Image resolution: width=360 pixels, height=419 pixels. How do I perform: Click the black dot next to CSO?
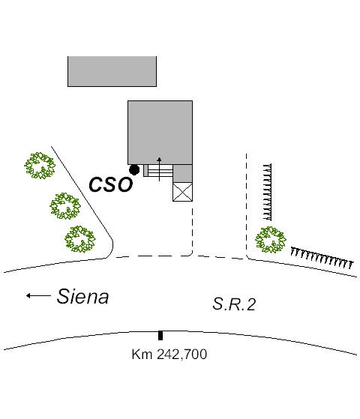(x=134, y=169)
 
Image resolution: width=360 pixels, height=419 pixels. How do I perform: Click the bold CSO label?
(x=111, y=184)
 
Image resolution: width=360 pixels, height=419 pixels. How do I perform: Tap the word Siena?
(x=82, y=296)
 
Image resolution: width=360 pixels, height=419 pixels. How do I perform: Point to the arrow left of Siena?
(x=38, y=295)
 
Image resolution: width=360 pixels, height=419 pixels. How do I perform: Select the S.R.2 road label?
(x=234, y=304)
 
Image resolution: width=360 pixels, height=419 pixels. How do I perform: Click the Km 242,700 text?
(x=169, y=355)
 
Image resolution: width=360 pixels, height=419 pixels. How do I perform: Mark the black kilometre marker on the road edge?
(x=160, y=335)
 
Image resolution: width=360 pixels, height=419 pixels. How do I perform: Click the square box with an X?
(x=182, y=192)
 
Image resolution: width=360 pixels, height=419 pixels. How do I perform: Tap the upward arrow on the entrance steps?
(x=159, y=169)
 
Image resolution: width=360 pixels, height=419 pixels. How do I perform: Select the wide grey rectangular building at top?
(x=112, y=71)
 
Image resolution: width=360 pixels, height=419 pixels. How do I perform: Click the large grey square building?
(x=160, y=133)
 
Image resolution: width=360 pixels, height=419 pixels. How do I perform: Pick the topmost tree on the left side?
(x=40, y=166)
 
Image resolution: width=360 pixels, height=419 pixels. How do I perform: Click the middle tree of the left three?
(x=65, y=206)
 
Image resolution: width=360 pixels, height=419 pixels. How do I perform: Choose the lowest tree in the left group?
(x=80, y=239)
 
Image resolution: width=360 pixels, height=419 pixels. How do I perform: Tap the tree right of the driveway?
(x=271, y=240)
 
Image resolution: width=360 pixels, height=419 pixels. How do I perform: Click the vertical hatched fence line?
(x=268, y=192)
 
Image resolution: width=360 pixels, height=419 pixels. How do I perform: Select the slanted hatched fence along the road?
(x=322, y=258)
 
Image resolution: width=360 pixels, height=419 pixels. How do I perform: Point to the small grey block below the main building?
(x=183, y=173)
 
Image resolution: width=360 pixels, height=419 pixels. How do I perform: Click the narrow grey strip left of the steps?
(x=145, y=170)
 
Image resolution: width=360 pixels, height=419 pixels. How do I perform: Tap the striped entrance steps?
(x=160, y=170)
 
